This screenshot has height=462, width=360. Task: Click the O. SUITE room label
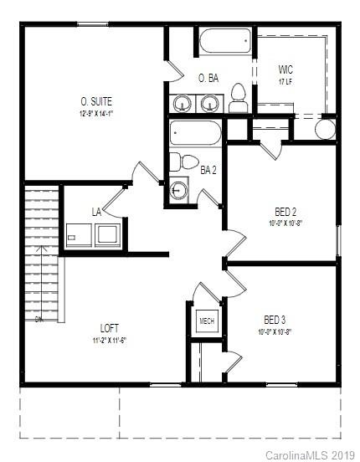click(x=96, y=101)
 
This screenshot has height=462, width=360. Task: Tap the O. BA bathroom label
click(x=208, y=78)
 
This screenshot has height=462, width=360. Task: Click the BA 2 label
click(x=208, y=170)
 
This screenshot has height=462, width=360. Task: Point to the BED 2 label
click(x=286, y=211)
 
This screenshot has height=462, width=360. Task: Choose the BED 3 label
click(x=275, y=319)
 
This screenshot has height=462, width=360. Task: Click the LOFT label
click(x=109, y=328)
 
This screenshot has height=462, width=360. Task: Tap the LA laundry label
click(x=96, y=212)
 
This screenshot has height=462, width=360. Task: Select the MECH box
click(x=206, y=321)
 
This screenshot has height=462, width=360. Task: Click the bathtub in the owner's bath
click(x=224, y=40)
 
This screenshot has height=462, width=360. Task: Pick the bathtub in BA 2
click(x=195, y=134)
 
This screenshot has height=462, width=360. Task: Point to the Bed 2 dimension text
click(x=285, y=223)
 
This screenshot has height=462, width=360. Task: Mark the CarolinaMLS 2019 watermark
click(x=310, y=454)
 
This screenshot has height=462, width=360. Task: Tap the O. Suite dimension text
click(x=96, y=113)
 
